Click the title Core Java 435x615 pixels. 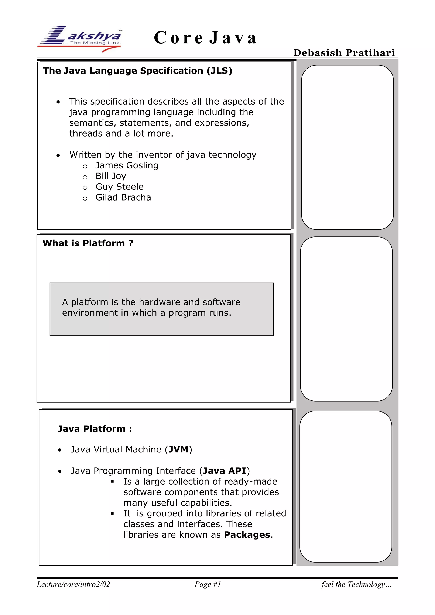(x=205, y=38)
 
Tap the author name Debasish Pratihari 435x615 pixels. (x=344, y=53)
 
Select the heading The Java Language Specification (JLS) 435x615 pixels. (x=137, y=71)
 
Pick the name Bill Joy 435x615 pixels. (x=111, y=176)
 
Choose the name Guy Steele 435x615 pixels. (x=119, y=187)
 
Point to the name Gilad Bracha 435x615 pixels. (x=123, y=197)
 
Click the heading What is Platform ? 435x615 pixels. (x=88, y=243)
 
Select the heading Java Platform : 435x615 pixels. (x=95, y=429)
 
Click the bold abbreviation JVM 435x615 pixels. (x=178, y=450)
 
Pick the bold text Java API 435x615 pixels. (x=225, y=471)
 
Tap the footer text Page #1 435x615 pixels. (x=208, y=584)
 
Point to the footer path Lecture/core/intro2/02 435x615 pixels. (x=73, y=584)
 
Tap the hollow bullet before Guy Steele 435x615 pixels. (x=85, y=188)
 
